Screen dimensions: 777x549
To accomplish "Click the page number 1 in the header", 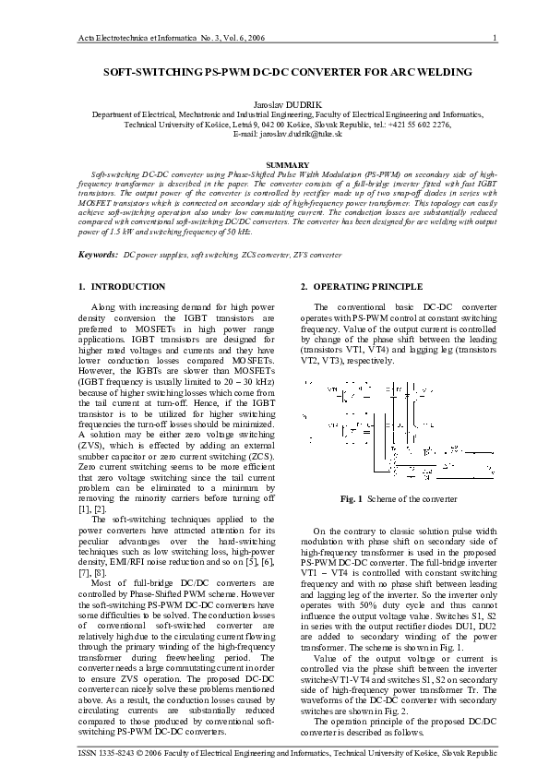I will [x=496, y=38].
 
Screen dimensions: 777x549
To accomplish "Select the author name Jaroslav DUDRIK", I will [x=274, y=103].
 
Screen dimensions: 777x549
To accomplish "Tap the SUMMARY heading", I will [x=274, y=163].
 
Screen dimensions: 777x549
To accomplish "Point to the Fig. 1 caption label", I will [x=352, y=499].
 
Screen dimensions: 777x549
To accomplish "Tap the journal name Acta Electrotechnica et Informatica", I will [x=121, y=38].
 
